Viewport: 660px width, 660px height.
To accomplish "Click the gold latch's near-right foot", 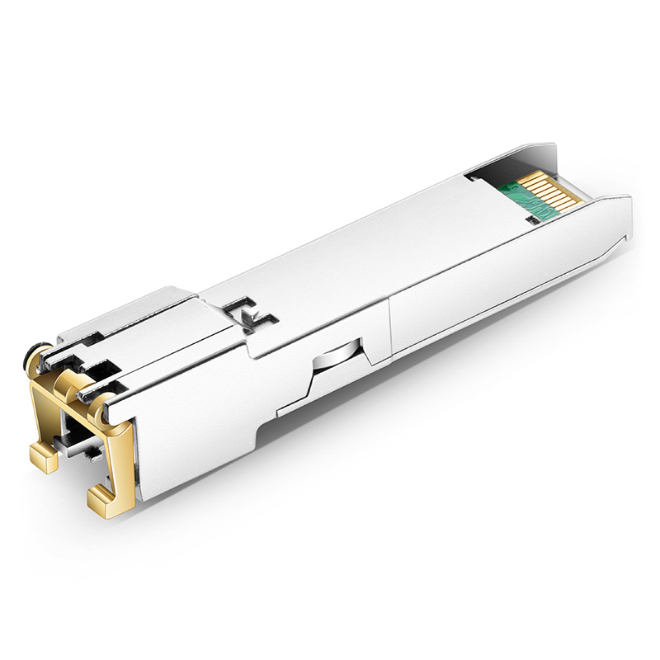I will click(103, 495).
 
